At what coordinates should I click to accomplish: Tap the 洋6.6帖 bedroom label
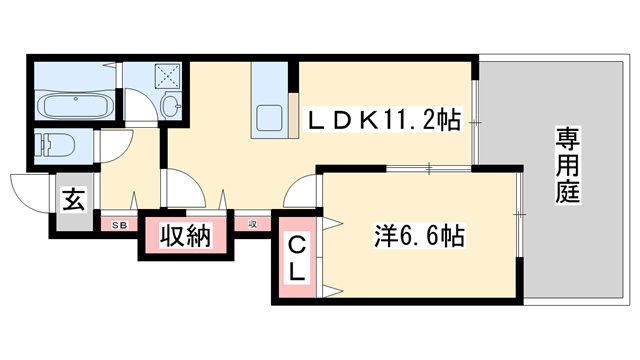(x=419, y=237)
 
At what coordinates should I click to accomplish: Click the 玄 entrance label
(x=74, y=199)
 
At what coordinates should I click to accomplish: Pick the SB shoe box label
(x=118, y=224)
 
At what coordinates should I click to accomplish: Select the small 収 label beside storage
(x=254, y=224)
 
